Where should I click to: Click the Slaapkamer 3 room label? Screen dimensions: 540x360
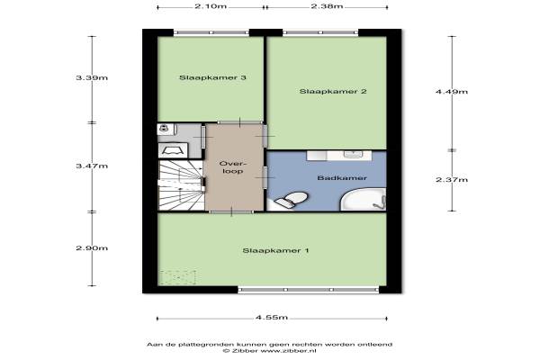(x=212, y=78)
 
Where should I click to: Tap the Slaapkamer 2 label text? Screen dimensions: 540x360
(x=333, y=92)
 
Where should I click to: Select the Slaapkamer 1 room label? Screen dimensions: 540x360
(x=275, y=251)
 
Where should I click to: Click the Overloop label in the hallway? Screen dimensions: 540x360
(x=232, y=167)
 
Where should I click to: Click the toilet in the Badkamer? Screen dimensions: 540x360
(x=289, y=201)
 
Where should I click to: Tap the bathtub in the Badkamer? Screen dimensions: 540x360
(x=363, y=199)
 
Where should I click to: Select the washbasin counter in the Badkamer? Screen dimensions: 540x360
(x=339, y=156)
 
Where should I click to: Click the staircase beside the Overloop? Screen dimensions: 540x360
(x=182, y=185)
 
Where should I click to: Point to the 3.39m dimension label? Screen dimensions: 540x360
(x=92, y=78)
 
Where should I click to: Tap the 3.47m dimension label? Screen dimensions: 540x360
(x=92, y=166)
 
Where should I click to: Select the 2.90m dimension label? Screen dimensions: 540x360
(x=92, y=248)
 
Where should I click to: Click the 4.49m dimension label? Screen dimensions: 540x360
(x=452, y=92)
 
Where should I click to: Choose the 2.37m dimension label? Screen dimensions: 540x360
(x=452, y=180)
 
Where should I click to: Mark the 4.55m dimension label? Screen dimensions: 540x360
(x=272, y=318)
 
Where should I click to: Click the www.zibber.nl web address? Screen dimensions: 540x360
(x=289, y=351)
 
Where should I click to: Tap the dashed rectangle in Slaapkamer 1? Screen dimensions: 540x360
(x=178, y=278)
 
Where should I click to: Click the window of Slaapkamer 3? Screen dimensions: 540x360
(x=211, y=32)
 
